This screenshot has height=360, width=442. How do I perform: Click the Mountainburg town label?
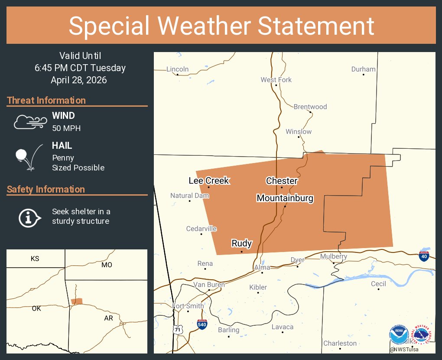pyautogui.click(x=285, y=198)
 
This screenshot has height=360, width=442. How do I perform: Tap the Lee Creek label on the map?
pyautogui.click(x=208, y=180)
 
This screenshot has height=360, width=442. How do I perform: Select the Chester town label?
pyautogui.click(x=282, y=180)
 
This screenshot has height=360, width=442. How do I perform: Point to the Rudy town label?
pyautogui.click(x=241, y=243)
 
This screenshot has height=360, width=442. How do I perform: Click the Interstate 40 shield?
pyautogui.click(x=424, y=256)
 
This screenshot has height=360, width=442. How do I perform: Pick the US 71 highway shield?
pyautogui.click(x=178, y=330)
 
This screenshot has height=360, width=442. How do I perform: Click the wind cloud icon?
pyautogui.click(x=29, y=122)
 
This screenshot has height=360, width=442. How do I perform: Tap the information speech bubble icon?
pyautogui.click(x=29, y=217)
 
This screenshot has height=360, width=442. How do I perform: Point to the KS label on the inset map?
pyautogui.click(x=35, y=259)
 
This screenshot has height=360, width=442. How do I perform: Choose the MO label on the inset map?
pyautogui.click(x=107, y=265)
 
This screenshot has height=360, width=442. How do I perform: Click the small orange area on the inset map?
pyautogui.click(x=77, y=301)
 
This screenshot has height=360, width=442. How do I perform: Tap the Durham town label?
pyautogui.click(x=363, y=69)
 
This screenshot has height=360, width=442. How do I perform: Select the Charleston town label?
pyautogui.click(x=340, y=343)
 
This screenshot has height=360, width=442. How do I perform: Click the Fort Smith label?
pyautogui.click(x=188, y=306)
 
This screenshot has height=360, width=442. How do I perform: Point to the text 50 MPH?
pyautogui.click(x=66, y=128)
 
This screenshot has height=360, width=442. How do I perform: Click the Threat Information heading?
pyautogui.click(x=46, y=100)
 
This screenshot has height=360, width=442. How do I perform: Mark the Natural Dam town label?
pyautogui.click(x=190, y=196)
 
